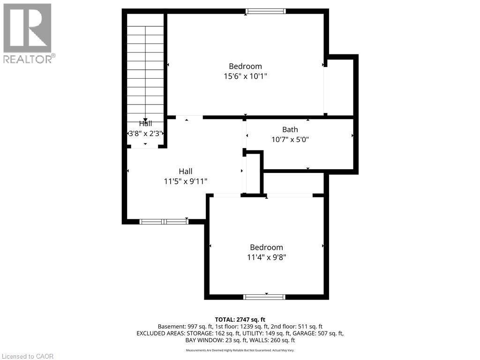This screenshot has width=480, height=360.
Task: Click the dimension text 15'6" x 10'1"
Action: (x=245, y=76)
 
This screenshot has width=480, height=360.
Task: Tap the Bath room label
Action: (x=290, y=129)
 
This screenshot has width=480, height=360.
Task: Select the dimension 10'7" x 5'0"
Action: (x=290, y=139)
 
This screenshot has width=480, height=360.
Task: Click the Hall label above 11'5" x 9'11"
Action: (x=185, y=172)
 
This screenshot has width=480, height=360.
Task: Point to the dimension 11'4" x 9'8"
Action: (x=266, y=257)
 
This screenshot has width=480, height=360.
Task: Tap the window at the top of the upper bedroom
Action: (x=266, y=11)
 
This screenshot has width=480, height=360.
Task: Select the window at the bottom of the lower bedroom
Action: (x=265, y=297)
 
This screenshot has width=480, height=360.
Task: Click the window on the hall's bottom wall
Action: (x=164, y=221)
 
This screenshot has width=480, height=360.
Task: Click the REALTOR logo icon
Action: (x=27, y=28)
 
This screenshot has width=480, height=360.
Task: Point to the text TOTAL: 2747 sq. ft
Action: (x=240, y=319)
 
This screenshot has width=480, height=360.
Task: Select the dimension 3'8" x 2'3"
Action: (x=145, y=133)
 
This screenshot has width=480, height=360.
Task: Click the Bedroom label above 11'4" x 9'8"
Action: (x=266, y=247)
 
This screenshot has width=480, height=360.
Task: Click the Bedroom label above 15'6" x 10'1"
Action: (x=245, y=66)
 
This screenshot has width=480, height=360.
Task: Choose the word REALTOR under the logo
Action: (x=27, y=59)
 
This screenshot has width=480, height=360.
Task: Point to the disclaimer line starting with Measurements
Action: (x=240, y=350)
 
